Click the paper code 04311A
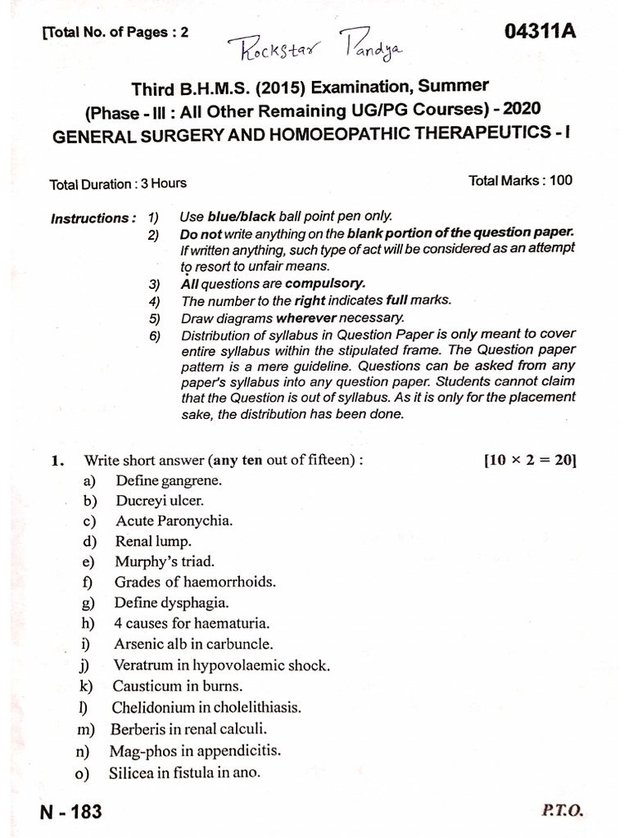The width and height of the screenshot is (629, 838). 541,32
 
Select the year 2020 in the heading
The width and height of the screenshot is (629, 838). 516,110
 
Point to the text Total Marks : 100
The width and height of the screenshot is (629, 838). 520,181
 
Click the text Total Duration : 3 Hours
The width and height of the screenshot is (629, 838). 118,183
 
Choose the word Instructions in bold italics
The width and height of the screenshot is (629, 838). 93,219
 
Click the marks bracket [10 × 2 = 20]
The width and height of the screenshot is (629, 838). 530,460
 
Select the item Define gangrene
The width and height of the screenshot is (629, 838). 169,480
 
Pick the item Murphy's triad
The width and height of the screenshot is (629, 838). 165,561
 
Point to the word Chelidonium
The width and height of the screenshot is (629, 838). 151,707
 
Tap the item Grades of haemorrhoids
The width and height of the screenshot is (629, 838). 195,582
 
